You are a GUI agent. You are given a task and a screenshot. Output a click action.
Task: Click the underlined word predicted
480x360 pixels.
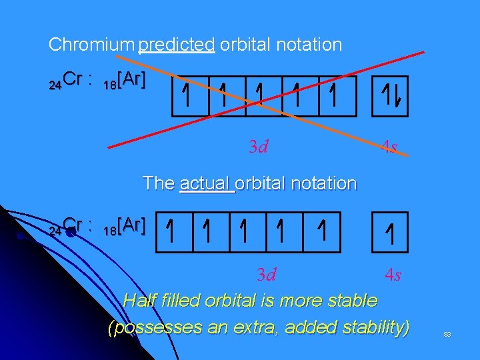(177, 45)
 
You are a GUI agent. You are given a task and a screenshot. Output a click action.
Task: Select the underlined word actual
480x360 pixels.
(207, 183)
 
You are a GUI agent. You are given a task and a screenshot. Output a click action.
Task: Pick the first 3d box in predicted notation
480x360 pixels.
(190, 97)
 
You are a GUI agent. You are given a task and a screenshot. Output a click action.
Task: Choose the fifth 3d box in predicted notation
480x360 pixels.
(336, 97)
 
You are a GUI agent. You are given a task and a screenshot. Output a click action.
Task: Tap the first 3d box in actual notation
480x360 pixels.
(174, 233)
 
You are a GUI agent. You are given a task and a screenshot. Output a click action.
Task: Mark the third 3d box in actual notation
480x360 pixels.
(248, 233)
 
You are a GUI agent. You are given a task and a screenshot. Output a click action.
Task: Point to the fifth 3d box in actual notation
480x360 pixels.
(322, 233)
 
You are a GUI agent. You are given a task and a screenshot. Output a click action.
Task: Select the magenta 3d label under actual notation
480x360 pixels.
(267, 274)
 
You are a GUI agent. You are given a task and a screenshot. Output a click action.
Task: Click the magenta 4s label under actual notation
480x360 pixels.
(393, 274)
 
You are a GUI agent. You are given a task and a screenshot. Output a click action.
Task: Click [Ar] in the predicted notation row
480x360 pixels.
(131, 80)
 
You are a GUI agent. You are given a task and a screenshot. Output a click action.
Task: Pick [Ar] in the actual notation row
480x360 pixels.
(131, 226)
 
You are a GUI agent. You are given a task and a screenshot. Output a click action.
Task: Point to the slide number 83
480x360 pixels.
(447, 334)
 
